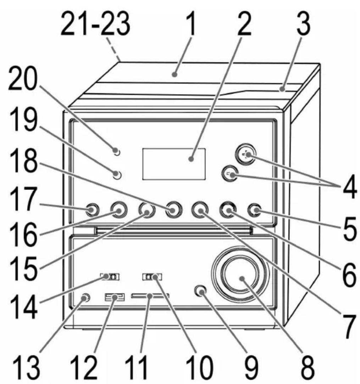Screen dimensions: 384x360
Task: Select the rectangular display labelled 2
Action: [x=174, y=164]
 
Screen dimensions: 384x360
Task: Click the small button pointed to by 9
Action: [x=201, y=292]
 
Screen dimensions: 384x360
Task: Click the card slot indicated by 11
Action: [x=150, y=296]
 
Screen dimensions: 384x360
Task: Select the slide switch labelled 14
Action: [x=110, y=276]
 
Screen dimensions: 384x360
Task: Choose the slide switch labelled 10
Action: [x=152, y=276]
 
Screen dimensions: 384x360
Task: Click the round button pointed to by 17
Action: [x=91, y=211]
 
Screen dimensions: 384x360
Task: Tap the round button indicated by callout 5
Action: [x=254, y=211]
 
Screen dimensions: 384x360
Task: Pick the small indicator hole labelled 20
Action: [x=117, y=152]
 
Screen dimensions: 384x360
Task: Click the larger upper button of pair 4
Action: [x=245, y=155]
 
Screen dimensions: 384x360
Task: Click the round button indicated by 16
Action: [x=118, y=211]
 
